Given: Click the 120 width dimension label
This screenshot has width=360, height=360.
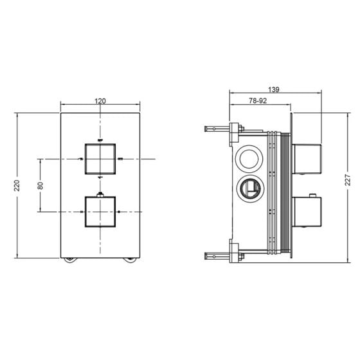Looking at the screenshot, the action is [100, 101].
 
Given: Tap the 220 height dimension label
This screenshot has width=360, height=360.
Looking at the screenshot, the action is [17, 186].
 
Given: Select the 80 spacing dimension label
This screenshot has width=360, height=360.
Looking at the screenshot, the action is [40, 186].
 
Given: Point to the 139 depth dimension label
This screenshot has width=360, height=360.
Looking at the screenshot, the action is [274, 89].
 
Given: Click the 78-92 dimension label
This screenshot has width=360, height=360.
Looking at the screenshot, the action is [258, 101].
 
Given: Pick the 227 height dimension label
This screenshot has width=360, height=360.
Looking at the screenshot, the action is [348, 180].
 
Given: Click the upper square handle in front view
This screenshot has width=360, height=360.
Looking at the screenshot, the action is [100, 159].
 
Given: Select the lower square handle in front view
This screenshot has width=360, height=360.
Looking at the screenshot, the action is [100, 212].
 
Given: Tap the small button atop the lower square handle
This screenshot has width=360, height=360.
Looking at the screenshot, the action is [100, 195].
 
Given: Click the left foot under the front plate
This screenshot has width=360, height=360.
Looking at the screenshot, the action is [71, 260].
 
